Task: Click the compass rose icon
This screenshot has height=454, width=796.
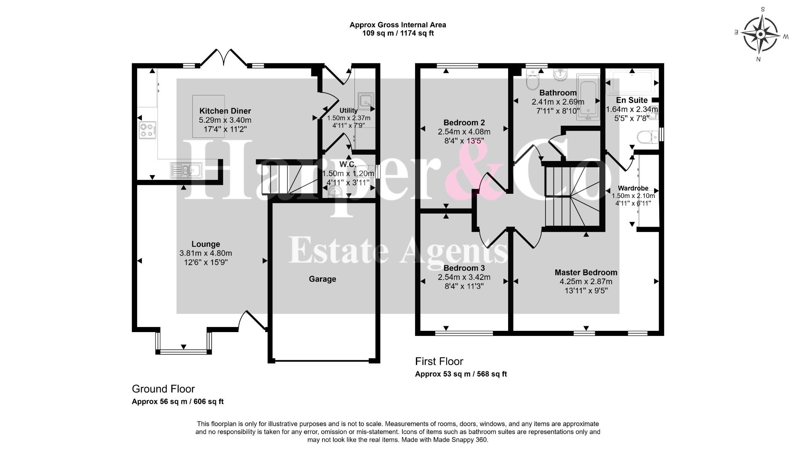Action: pos(760,34)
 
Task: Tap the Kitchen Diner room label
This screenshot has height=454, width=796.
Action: pos(225,111)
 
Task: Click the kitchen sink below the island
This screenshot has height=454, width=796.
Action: pos(186,170)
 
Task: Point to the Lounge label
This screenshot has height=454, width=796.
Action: pos(205,244)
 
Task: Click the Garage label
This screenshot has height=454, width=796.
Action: pos(322,279)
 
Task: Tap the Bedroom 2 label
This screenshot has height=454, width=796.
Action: pos(464,123)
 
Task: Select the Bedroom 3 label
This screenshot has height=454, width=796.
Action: pos(464,268)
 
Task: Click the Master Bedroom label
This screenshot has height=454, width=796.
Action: pos(586,272)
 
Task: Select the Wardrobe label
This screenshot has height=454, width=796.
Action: pos(633,188)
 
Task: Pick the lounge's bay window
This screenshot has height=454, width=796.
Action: pos(184,342)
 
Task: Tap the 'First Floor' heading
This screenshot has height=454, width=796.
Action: pos(439,361)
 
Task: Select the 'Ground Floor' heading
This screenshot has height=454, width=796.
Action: pos(163,389)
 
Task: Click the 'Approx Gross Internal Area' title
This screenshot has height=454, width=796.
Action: pos(398,25)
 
